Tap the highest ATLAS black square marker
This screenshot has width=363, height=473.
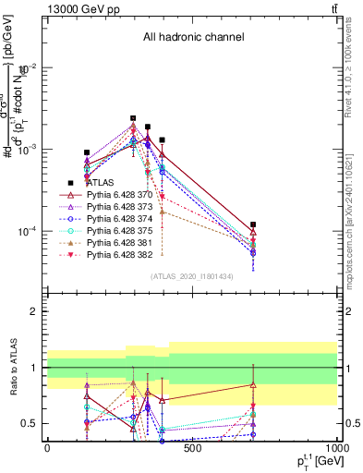[x=133, y=118]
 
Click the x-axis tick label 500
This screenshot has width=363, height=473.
[x=192, y=447]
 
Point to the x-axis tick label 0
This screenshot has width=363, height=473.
[x=46, y=447]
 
